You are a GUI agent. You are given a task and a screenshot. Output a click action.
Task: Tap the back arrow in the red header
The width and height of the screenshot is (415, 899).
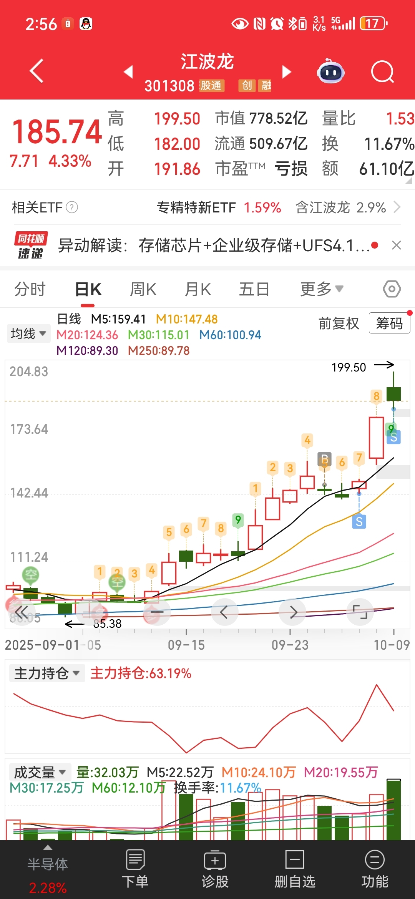tap(37, 71)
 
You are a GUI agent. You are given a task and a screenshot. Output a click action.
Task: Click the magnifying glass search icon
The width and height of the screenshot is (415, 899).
tap(382, 72)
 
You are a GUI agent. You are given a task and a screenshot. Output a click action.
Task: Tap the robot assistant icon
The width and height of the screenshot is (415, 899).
tap(330, 71)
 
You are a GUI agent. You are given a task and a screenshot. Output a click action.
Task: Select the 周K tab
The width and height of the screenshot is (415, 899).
tap(143, 289)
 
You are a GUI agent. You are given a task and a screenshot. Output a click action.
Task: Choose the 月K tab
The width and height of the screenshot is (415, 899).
tap(198, 289)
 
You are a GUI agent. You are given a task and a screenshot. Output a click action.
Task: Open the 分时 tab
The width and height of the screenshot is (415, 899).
tap(30, 289)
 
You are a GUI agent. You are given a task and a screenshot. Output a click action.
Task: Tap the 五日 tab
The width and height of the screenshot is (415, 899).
tap(254, 289)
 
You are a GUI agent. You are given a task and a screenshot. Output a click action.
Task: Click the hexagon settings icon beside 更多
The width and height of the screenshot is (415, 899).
tap(392, 289)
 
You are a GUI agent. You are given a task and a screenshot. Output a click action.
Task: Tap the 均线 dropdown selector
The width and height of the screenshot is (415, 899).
tap(28, 333)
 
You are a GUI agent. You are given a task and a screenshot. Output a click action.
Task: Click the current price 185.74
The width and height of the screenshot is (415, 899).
tap(57, 132)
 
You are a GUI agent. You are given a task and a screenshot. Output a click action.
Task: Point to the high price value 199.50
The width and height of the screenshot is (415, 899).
tap(177, 119)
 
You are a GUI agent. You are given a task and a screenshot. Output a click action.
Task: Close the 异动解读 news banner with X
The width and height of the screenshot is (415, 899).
tap(396, 245)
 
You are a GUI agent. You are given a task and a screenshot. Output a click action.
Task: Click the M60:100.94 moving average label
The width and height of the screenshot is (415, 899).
tap(230, 335)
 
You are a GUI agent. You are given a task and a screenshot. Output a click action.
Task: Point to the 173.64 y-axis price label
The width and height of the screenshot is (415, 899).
tap(29, 429)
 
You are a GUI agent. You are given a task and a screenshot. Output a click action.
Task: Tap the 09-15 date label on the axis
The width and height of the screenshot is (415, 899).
tap(186, 645)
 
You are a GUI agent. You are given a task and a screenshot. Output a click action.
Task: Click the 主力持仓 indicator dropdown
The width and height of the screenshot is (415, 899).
tap(46, 673)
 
